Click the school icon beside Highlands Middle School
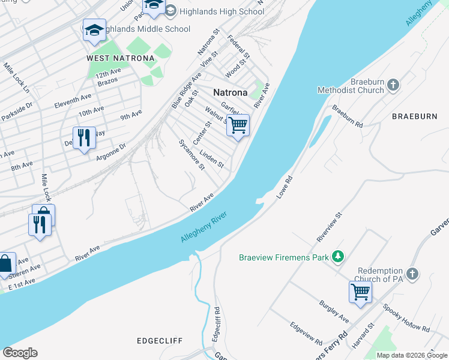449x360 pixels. coord(94,31)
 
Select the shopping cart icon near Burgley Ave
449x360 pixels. coord(360,292)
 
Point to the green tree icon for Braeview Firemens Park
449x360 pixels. coord(339,257)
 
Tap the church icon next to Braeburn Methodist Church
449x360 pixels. coord(393,85)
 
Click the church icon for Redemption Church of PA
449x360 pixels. coord(411,274)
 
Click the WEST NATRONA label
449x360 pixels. coord(120,58)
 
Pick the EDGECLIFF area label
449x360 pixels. coord(160,340)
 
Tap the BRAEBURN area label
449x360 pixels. coord(414,116)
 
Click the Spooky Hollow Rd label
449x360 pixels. coord(406,319)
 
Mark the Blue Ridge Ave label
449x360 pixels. coord(186,90)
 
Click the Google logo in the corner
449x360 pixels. coord(20,352)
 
